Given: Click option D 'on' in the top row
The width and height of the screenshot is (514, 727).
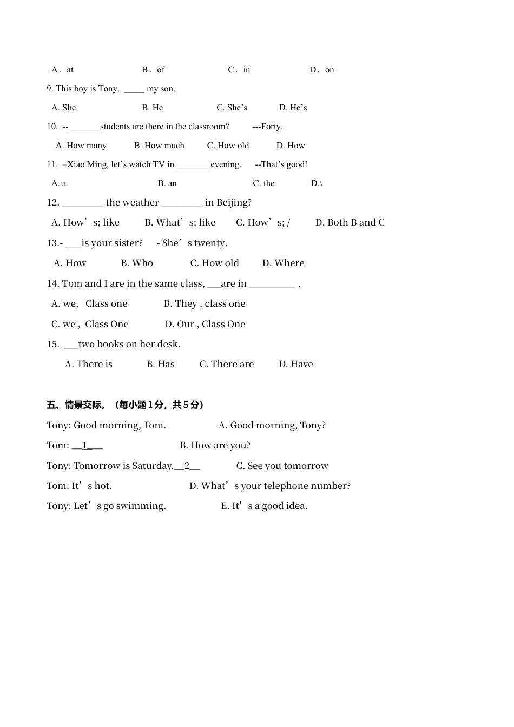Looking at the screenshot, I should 322,70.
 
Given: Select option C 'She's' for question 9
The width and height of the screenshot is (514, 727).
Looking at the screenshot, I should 232,108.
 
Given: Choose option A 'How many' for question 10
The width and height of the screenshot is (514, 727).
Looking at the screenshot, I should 81,146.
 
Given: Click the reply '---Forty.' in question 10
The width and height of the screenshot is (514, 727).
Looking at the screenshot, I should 267,127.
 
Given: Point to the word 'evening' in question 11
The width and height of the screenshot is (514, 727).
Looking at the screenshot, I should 225,164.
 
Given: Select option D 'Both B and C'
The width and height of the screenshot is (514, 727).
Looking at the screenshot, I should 350,222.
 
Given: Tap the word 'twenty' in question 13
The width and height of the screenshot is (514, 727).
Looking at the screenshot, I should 210,243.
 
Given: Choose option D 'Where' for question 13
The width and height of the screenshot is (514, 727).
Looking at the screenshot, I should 283,263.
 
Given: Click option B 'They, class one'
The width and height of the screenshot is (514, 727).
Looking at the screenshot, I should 205,303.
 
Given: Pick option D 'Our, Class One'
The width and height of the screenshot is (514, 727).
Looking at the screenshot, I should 205,324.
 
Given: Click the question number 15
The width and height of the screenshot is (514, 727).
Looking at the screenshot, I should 52,344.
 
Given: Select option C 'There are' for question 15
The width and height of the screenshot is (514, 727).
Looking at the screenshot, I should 226,364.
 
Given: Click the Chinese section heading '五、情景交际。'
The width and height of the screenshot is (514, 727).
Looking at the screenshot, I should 76,405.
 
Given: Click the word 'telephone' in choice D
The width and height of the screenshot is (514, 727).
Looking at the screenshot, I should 285,486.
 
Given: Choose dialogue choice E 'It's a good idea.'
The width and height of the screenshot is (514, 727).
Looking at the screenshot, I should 264,506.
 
